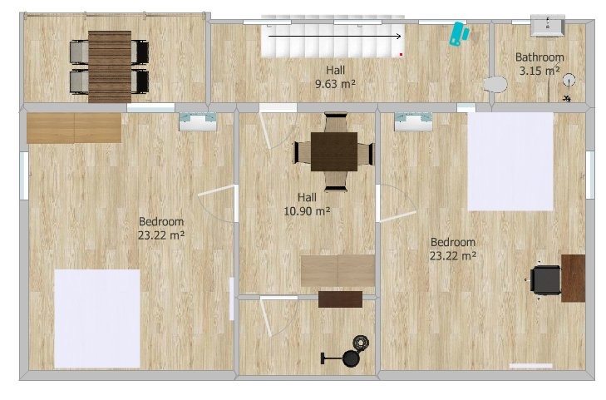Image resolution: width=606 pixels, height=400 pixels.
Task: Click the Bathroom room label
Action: (x=539, y=57)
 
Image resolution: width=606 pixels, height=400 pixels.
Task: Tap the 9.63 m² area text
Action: (x=335, y=83)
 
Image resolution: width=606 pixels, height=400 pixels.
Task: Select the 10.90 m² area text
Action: (x=307, y=211)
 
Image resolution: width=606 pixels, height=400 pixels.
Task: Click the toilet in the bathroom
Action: (x=495, y=84)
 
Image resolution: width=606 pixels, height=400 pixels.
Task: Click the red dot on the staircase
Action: (x=402, y=55)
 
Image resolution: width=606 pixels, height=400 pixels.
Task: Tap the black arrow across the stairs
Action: (x=335, y=37)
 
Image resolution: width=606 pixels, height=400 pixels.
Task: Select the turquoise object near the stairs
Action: (x=459, y=33)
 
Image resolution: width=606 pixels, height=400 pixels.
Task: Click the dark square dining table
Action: (x=334, y=152)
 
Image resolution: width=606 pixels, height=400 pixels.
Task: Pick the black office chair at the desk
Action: (x=545, y=280)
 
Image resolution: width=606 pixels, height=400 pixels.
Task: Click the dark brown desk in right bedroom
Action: (x=573, y=278)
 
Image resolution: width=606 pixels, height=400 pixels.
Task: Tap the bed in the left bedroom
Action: (x=97, y=319)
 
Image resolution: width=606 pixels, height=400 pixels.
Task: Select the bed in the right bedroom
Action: (x=510, y=161)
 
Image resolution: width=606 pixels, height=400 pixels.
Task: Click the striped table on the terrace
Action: (x=110, y=67)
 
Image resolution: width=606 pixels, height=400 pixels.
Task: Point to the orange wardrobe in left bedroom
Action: (x=74, y=128)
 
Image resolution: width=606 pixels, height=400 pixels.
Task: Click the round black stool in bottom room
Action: (x=351, y=358)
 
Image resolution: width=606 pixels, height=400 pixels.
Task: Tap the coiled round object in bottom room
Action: (x=361, y=343)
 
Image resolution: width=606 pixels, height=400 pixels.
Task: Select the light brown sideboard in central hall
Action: (x=337, y=270)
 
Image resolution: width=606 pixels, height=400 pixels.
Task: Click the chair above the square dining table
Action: (x=336, y=122)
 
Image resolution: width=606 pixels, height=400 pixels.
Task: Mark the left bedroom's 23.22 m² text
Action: (x=161, y=235)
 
